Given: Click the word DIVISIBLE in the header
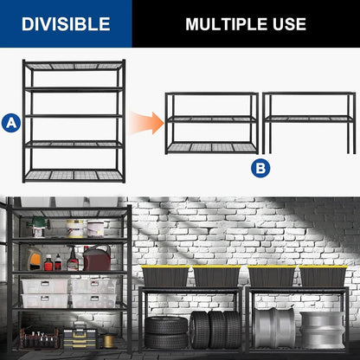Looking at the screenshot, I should pyautogui.click(x=66, y=23).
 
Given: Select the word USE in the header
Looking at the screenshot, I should pyautogui.click(x=290, y=23).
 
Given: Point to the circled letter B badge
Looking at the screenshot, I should pyautogui.click(x=261, y=168).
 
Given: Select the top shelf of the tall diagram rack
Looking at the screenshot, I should pyautogui.click(x=74, y=65).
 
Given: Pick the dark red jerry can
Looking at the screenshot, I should pyautogui.click(x=96, y=258).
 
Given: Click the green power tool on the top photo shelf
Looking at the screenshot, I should pyautogui.click(x=37, y=227).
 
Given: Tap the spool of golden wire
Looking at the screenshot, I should pyautogui.click(x=109, y=340).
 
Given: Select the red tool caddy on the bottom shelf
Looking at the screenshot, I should pyautogui.click(x=40, y=336).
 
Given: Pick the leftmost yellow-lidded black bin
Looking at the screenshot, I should pyautogui.click(x=164, y=276).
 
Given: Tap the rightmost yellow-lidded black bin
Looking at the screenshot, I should pyautogui.click(x=322, y=276).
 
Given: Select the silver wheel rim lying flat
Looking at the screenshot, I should pyautogui.click(x=321, y=331).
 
